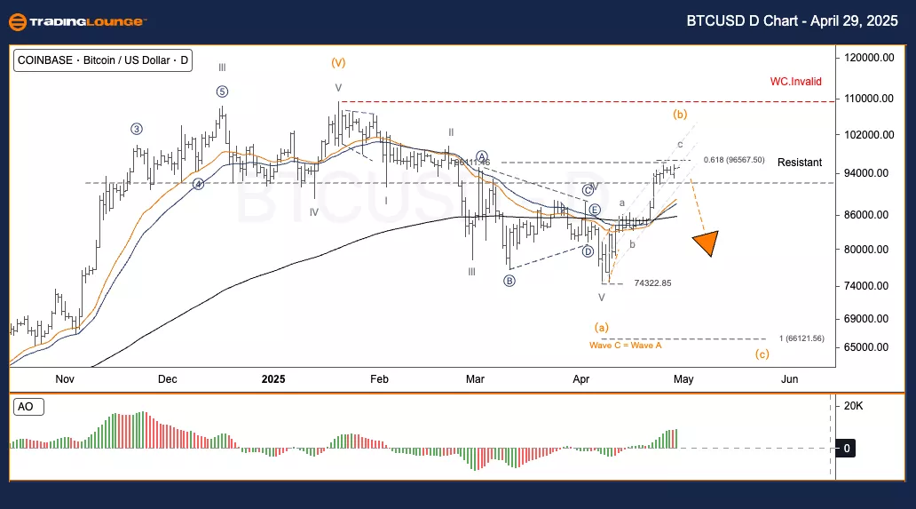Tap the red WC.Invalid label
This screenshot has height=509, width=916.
795,82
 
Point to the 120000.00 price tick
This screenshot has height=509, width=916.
867,58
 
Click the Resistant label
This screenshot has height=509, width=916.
799,163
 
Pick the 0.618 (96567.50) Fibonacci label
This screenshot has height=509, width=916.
733,160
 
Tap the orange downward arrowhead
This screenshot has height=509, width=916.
707,243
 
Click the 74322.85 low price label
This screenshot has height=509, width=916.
652,283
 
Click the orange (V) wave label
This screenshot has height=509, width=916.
338,62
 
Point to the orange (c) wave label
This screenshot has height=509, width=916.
762,354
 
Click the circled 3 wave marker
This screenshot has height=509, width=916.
137,129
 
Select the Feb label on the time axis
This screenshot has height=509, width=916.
379,379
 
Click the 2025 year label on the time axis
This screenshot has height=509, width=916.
273,379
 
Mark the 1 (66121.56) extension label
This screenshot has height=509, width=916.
801,338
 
